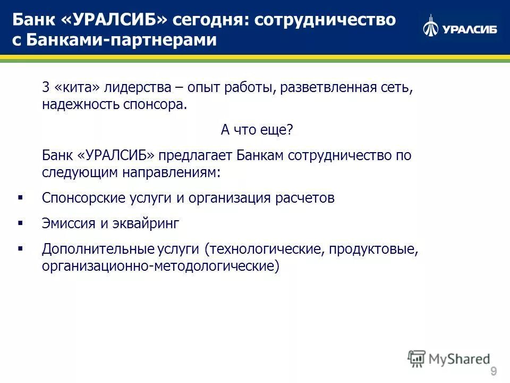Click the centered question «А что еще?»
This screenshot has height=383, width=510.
[x=257, y=130]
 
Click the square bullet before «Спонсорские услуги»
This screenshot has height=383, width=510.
[x=20, y=197]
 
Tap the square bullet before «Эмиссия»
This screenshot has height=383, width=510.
[x=20, y=223]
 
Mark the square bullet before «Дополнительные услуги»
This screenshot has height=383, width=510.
[x=20, y=248]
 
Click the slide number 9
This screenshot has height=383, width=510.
[x=494, y=371]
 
